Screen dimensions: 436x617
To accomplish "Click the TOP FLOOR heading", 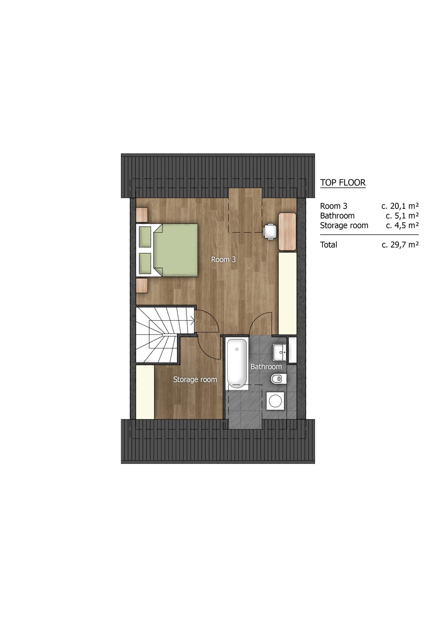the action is click(343, 183).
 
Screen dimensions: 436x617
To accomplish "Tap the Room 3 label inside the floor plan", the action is click(223, 260).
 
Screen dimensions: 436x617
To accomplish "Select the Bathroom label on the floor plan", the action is click(266, 367).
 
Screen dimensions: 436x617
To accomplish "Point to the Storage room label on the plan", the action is click(195, 380).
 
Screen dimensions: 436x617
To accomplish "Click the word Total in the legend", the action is click(329, 245).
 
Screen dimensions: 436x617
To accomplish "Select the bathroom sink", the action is click(280, 352).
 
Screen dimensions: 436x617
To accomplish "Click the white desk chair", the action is click(270, 232).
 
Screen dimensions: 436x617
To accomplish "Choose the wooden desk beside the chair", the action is click(287, 232).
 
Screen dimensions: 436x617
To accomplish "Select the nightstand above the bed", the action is click(142, 215).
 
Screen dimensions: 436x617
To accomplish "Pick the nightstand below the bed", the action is click(142, 286).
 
